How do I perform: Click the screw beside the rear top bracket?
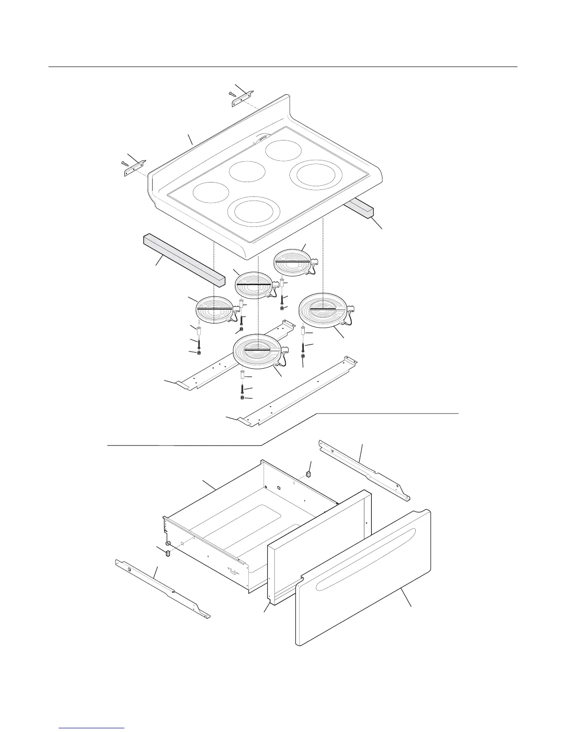coord(233,94)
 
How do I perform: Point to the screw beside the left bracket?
coord(125,163)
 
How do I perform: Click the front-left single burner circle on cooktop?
coord(211,192)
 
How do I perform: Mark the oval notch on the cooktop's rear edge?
coord(262,137)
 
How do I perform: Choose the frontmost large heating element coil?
coord(257,352)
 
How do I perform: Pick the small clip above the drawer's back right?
coord(309,474)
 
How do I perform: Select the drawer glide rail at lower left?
coord(162,588)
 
